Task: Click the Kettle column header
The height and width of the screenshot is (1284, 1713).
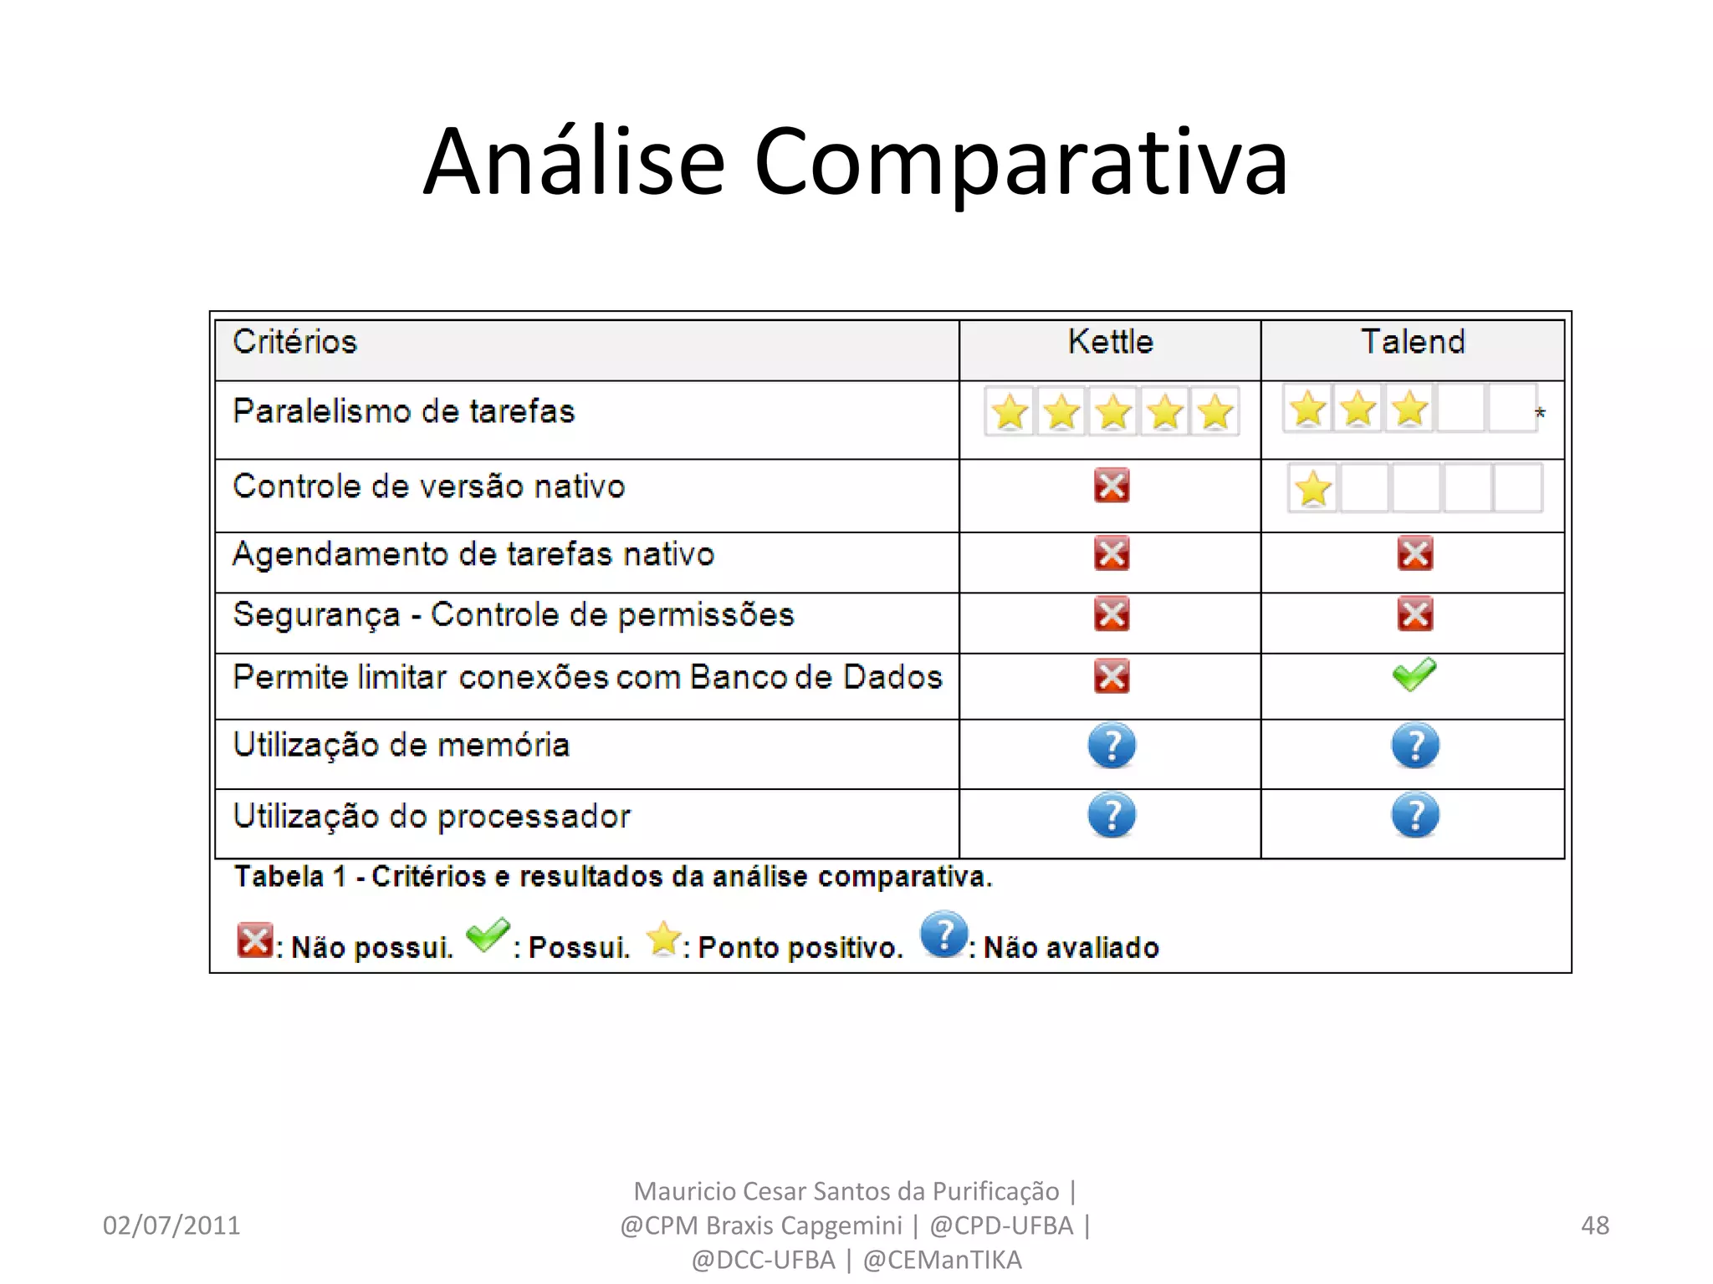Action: (x=1110, y=342)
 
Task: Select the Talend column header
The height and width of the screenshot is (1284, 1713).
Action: (x=1413, y=342)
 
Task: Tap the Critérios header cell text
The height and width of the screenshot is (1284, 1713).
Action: (x=295, y=342)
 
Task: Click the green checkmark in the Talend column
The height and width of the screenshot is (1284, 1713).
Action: (x=1414, y=675)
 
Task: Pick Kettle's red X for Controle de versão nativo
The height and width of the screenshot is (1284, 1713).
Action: (x=1112, y=486)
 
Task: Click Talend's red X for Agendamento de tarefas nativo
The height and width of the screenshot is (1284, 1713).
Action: (x=1414, y=553)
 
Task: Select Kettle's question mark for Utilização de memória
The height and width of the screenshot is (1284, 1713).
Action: (x=1112, y=746)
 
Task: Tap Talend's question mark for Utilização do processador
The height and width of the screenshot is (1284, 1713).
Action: (x=1415, y=816)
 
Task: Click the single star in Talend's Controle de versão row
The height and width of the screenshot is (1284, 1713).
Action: (x=1313, y=489)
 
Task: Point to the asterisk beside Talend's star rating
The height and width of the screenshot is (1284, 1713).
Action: (x=1540, y=414)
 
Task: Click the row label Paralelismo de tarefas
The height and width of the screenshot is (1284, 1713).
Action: (x=404, y=411)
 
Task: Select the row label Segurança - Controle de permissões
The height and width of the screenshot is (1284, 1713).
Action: (x=514, y=615)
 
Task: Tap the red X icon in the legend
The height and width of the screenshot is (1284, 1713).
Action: (x=254, y=940)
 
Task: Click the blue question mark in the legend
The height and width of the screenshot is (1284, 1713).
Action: (x=943, y=935)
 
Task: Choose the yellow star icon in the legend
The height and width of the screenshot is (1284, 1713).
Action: (x=664, y=939)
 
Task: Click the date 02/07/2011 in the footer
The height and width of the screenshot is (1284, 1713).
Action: (x=171, y=1225)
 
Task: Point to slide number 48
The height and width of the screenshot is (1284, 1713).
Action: (x=1595, y=1225)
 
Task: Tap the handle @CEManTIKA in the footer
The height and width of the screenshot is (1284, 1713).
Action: (x=942, y=1260)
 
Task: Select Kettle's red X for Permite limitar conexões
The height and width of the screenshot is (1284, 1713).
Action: (x=1112, y=676)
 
